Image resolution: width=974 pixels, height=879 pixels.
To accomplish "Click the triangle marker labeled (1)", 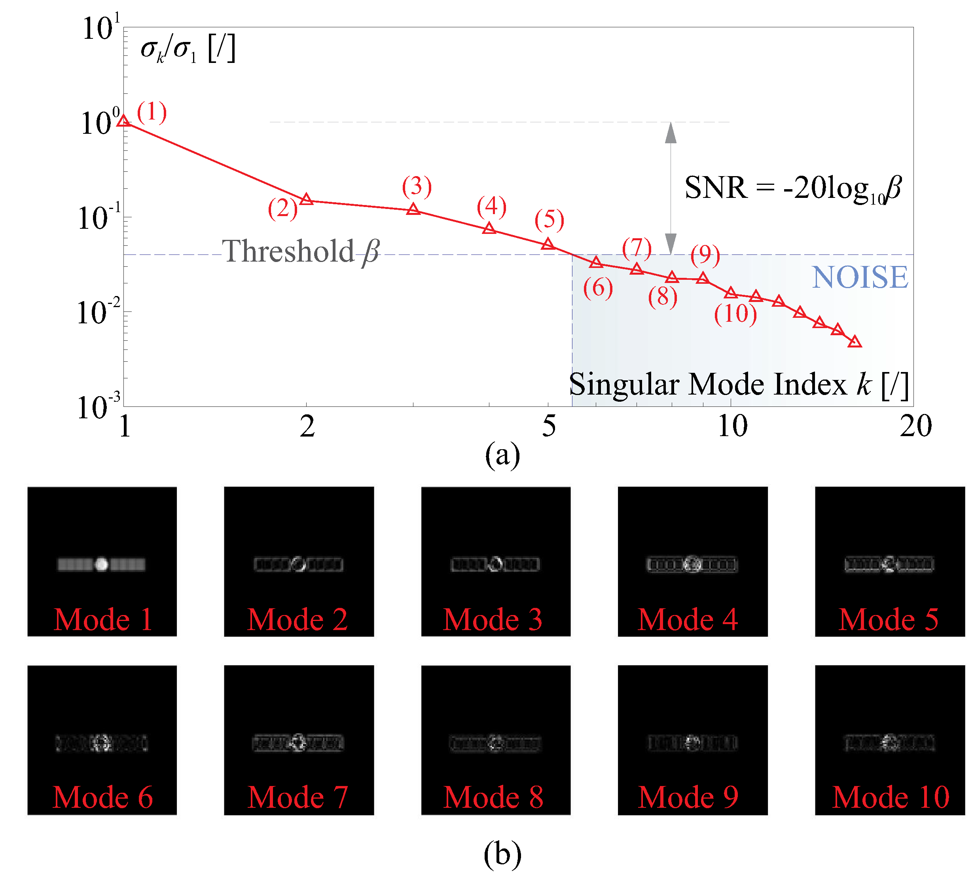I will pyautogui.click(x=124, y=121).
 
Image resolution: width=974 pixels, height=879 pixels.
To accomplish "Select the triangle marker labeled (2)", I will pyautogui.click(x=306, y=199).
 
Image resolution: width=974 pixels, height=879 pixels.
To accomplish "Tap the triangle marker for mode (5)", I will pyautogui.click(x=548, y=244).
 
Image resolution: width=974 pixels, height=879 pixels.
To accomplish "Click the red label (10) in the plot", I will pyautogui.click(x=735, y=313).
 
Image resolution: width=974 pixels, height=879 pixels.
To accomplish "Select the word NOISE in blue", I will pyautogui.click(x=860, y=277).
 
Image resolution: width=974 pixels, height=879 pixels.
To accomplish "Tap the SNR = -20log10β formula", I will pyautogui.click(x=792, y=188).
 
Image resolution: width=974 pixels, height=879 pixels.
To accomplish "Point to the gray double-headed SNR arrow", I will pyautogui.click(x=671, y=188).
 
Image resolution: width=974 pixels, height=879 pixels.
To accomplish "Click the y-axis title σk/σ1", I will pyautogui.click(x=187, y=49).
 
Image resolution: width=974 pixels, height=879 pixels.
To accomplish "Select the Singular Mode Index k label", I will pyautogui.click(x=739, y=384).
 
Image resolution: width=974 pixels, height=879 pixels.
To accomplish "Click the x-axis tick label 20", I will pyautogui.click(x=915, y=426).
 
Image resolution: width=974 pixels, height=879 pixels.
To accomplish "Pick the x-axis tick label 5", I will pyautogui.click(x=549, y=426).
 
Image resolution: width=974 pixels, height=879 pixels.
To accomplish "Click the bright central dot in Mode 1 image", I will pyautogui.click(x=101, y=564).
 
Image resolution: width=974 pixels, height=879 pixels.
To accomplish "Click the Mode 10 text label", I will pyautogui.click(x=891, y=797).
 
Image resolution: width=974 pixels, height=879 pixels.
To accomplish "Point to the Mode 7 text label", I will pyautogui.click(x=298, y=797).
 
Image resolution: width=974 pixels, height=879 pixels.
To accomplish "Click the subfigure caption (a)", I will pyautogui.click(x=502, y=454).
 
